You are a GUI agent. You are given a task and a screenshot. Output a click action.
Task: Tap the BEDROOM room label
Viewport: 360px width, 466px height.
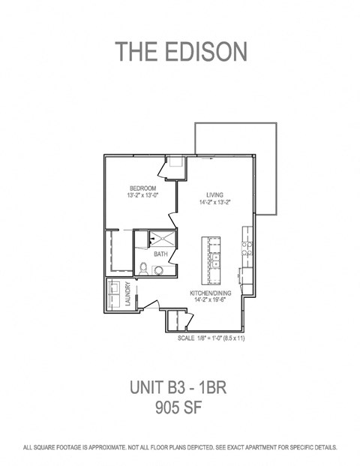point(142,188)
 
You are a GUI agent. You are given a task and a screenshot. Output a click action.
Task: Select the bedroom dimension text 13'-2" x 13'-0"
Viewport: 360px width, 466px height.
point(142,195)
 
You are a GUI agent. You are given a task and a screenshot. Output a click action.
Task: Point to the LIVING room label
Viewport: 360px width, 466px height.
point(216,194)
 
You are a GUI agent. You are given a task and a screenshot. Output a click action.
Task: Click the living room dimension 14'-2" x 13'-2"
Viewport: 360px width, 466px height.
point(216,201)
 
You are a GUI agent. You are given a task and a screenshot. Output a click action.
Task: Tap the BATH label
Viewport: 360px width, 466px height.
point(160,254)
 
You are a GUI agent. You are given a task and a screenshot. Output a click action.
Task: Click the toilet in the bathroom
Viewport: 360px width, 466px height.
point(143,266)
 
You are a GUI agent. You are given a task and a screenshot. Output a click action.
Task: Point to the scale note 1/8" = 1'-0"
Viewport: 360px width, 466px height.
point(211,338)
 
